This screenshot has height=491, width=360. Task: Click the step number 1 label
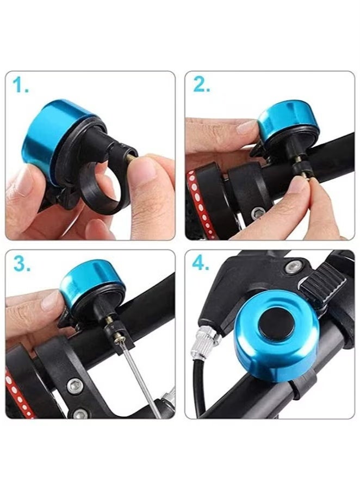coord(21,85)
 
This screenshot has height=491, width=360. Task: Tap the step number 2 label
coord(201,85)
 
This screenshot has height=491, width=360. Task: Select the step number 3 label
coord(21,265)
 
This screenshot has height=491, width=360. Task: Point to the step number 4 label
coord(202,265)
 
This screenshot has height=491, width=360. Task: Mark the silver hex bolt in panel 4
coord(294,266)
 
